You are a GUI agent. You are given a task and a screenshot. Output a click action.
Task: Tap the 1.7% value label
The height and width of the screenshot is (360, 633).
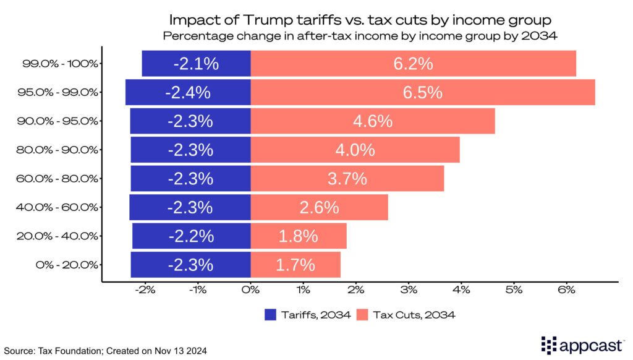295,265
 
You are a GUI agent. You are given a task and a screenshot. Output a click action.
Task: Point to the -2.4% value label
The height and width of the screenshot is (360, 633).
188,92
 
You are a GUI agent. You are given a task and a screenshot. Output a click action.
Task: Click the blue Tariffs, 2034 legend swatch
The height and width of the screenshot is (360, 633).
270,315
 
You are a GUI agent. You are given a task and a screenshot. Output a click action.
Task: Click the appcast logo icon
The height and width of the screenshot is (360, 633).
549,345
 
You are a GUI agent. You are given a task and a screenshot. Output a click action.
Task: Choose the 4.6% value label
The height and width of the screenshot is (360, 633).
373,121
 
